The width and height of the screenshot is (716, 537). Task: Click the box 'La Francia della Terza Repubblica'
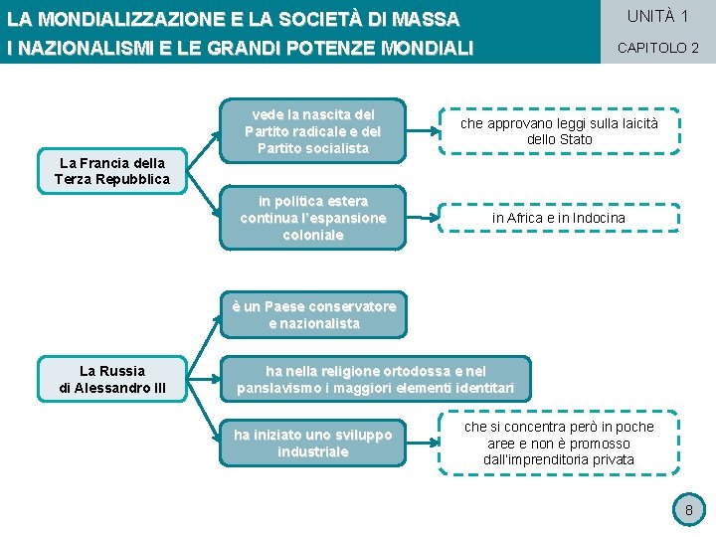[112, 171]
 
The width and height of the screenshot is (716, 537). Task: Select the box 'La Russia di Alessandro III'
[112, 379]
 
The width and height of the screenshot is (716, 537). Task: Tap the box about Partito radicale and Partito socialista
[312, 130]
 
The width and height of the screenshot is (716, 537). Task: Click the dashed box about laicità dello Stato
[558, 131]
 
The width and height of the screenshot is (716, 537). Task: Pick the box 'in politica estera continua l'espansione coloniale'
[312, 218]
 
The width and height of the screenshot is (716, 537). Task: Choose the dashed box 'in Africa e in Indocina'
[558, 218]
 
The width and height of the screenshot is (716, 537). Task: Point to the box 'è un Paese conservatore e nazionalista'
[313, 315]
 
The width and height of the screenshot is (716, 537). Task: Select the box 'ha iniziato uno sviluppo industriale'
[312, 443]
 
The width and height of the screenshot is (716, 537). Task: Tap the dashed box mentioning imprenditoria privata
[558, 443]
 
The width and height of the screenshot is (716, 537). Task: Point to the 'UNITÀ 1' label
[657, 16]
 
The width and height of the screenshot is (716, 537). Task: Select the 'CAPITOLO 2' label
[657, 48]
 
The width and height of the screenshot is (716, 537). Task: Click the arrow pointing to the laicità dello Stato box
[422, 130]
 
